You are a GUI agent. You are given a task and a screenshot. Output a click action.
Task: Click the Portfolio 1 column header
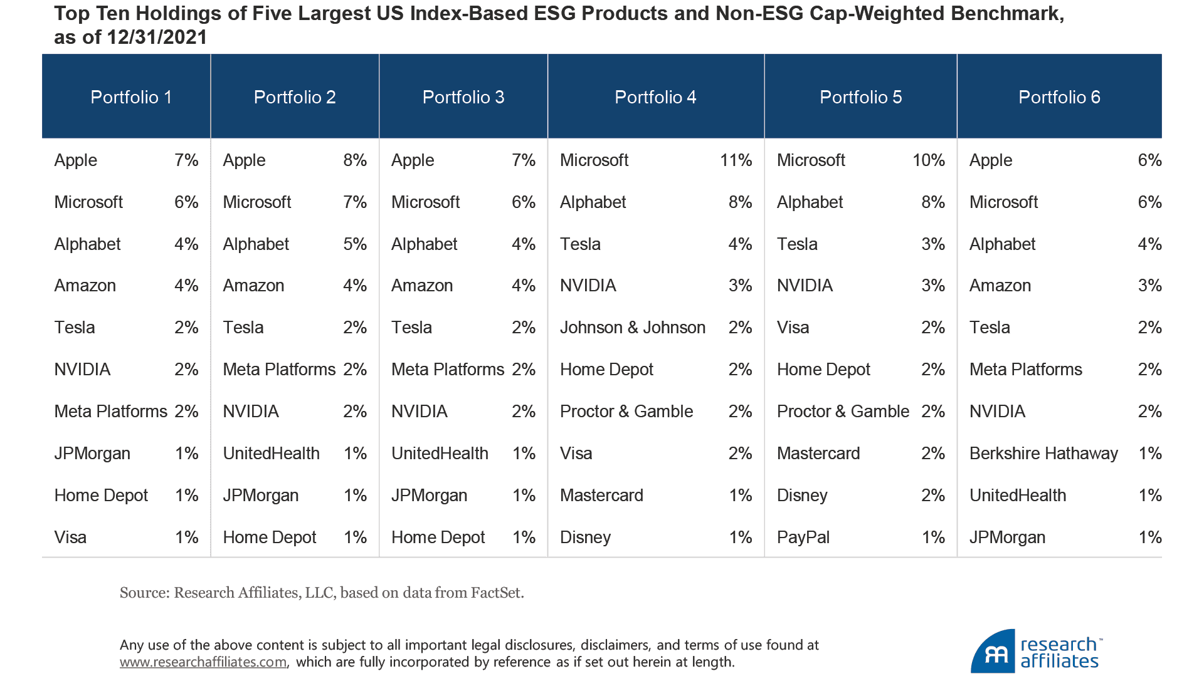[131, 97]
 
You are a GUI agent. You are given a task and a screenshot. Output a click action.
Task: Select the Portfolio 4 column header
[655, 97]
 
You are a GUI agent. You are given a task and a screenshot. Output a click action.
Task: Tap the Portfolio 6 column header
[1059, 97]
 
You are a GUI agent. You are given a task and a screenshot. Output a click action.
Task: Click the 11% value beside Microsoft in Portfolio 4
[736, 160]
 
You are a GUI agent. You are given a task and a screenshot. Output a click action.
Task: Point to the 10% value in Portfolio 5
[928, 160]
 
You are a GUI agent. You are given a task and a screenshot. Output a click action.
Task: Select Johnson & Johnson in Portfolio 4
[632, 328]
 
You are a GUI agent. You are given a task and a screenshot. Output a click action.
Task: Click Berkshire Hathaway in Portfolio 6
[1043, 454]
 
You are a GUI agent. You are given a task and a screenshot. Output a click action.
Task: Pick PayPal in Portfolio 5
[803, 538]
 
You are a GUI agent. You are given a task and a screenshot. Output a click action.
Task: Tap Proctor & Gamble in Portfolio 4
[626, 412]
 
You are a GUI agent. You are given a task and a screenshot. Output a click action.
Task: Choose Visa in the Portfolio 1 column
[70, 538]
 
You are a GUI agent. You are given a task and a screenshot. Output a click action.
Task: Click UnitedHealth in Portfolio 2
[271, 454]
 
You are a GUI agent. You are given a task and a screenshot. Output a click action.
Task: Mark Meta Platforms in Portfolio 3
[447, 370]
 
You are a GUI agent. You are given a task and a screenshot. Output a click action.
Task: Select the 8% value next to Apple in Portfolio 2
[354, 160]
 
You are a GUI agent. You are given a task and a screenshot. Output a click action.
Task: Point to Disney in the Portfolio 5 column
[802, 496]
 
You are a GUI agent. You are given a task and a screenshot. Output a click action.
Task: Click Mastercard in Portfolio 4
[601, 496]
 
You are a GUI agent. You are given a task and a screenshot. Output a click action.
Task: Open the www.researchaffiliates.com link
[203, 662]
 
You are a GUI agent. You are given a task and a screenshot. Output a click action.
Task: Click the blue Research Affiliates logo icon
[993, 652]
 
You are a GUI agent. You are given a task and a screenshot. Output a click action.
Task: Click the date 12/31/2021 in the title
[157, 38]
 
